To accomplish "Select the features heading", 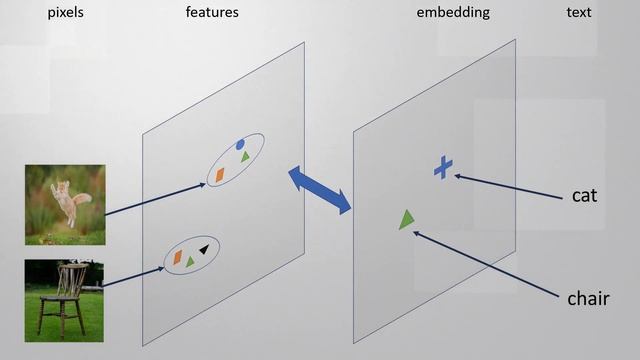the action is coord(211,13).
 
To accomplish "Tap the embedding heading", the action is coord(453,13).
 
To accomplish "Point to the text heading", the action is coord(578,13).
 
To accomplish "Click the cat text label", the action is coord(584,195).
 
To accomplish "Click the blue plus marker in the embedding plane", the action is coord(443,168).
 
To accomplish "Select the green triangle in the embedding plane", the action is coord(405,219).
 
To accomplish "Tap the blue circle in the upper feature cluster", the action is coord(240,145).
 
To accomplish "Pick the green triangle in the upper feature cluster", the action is coord(244,158).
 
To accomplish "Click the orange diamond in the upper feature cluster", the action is coord(219,175).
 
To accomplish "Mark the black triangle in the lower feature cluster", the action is coord(204,249).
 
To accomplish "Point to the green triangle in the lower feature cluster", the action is coord(190,261).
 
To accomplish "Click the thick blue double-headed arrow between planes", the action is coord(320,190).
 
